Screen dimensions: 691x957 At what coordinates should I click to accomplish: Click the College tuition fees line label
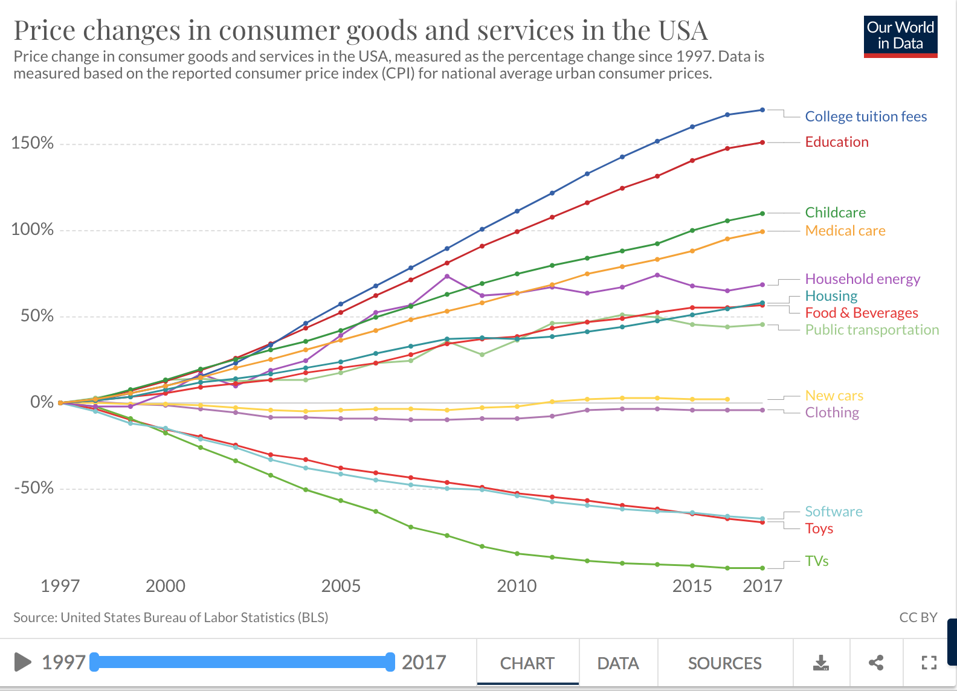[865, 117]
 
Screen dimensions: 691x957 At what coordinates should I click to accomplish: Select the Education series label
[837, 142]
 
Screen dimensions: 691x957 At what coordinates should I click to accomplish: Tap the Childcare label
[835, 213]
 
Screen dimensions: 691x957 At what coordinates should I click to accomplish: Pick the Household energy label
[862, 279]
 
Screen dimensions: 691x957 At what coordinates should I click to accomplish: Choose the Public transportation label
[872, 330]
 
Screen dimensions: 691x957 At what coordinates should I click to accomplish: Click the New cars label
[834, 396]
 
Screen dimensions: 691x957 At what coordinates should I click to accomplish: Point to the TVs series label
[816, 561]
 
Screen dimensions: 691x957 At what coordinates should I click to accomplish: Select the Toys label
[819, 529]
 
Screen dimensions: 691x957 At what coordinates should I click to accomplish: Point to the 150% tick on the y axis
[33, 143]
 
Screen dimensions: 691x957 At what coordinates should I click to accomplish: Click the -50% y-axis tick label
[34, 488]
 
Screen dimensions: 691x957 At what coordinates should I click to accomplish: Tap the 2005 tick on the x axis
[341, 586]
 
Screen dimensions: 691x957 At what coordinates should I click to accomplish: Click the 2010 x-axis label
[517, 586]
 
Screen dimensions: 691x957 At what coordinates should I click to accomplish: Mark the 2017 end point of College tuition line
[762, 110]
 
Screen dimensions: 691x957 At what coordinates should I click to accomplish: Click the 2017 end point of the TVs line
[762, 568]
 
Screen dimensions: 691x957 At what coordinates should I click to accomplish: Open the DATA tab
[617, 663]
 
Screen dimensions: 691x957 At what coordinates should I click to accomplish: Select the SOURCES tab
[724, 663]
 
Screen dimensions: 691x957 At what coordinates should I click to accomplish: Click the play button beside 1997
[22, 662]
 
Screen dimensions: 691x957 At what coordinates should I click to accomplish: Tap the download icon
[820, 663]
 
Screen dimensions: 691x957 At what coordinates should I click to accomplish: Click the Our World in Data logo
[900, 36]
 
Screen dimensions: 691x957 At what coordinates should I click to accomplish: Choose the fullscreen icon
[929, 663]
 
